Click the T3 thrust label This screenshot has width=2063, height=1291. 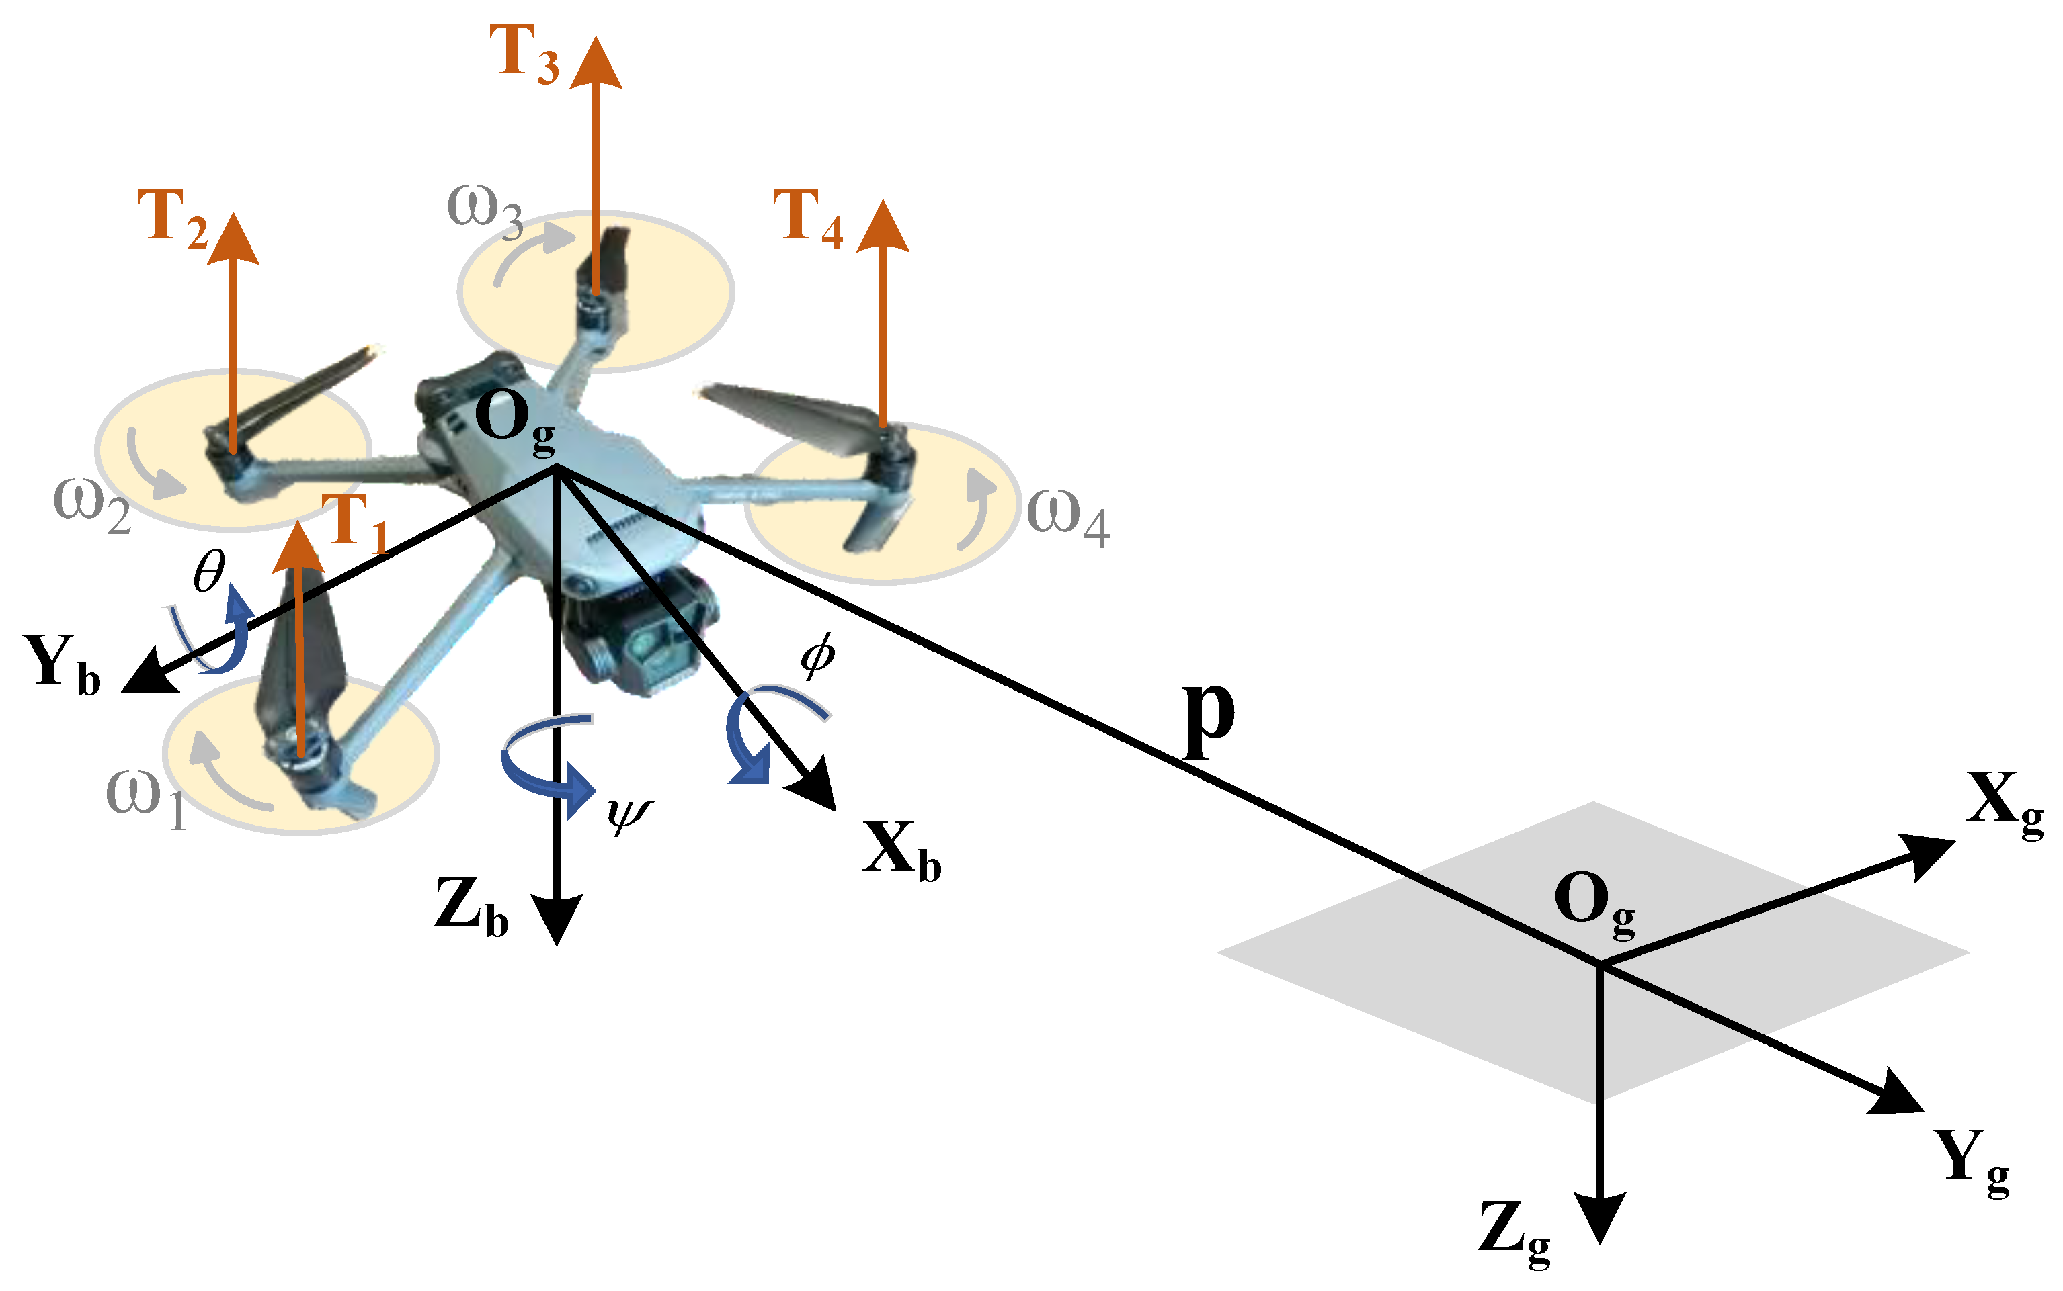pyautogui.click(x=523, y=53)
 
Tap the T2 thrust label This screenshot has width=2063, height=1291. pyautogui.click(x=173, y=218)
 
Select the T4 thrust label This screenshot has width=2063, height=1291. pyautogui.click(x=807, y=218)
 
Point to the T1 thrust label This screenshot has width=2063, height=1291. pyautogui.click(x=354, y=523)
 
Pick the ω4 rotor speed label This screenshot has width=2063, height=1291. pyautogui.click(x=1066, y=517)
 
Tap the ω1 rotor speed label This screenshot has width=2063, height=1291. pyautogui.click(x=145, y=799)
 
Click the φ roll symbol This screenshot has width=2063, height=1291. pyautogui.click(x=817, y=656)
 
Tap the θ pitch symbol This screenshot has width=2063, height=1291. pyautogui.click(x=208, y=570)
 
